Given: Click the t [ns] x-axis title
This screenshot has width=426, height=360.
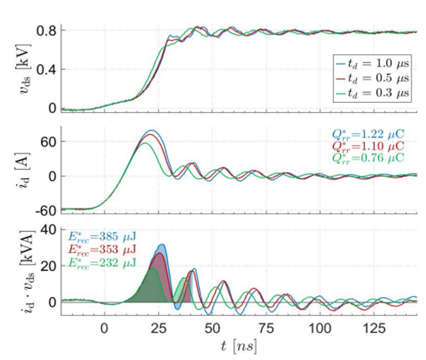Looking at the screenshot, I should tap(239, 347).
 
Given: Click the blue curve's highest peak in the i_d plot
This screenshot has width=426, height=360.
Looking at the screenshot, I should tap(151, 130).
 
